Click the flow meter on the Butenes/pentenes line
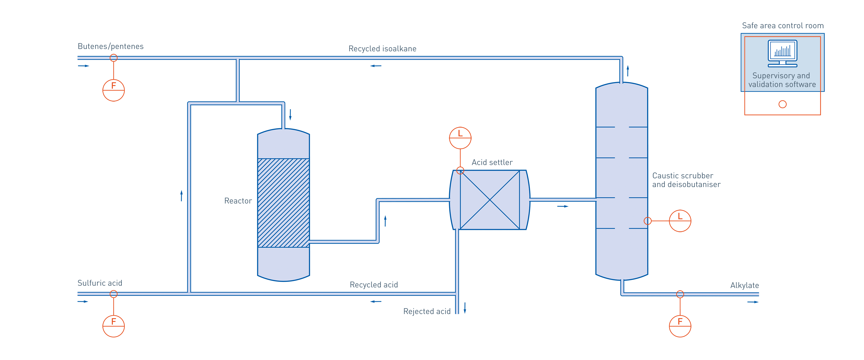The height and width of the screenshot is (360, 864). [x=113, y=90]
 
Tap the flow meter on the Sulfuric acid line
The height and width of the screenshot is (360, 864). [x=113, y=326]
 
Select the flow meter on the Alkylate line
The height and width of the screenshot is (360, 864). [x=680, y=326]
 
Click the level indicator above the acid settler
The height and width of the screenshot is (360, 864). [x=460, y=137]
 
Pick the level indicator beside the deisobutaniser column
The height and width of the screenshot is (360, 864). [x=680, y=221]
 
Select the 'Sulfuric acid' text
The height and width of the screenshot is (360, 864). [x=100, y=283]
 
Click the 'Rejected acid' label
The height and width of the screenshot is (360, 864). [x=427, y=311]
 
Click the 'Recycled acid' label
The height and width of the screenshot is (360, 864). [x=374, y=285]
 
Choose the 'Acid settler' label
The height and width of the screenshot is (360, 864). [x=492, y=162]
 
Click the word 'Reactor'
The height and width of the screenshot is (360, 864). [x=238, y=201]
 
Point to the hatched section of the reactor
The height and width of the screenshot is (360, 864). [x=283, y=203]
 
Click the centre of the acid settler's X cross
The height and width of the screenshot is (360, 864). [x=490, y=200]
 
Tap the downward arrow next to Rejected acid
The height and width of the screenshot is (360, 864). [x=465, y=308]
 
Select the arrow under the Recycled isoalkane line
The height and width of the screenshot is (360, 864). [x=376, y=66]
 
